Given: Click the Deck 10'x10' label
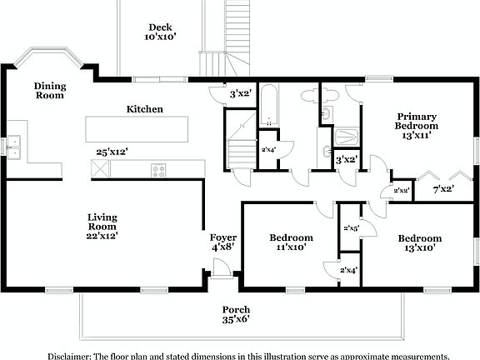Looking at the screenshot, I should click(x=160, y=32).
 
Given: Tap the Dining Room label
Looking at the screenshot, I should click(x=50, y=91).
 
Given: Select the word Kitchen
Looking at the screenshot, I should click(x=144, y=109).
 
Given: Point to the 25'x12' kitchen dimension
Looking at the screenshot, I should click(x=111, y=152).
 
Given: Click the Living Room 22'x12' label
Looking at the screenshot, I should click(x=102, y=225).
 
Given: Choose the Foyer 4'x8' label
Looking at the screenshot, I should click(x=222, y=242).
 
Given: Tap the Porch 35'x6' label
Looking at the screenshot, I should click(x=235, y=313).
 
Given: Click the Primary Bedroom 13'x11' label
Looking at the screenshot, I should click(x=417, y=126).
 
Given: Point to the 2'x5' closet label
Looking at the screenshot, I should click(x=350, y=228).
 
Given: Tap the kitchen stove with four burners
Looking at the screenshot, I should click(x=158, y=170).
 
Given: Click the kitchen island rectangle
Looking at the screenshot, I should click(x=136, y=129).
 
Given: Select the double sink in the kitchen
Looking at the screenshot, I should click(x=13, y=147).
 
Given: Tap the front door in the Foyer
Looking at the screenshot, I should click(x=222, y=269).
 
